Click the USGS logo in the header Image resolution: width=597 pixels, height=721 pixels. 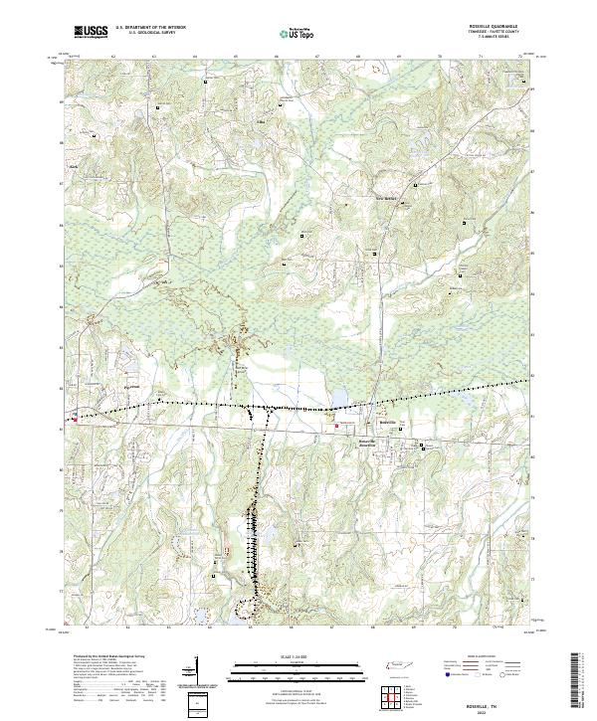tap(91, 32)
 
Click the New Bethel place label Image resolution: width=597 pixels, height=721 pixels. tap(384, 197)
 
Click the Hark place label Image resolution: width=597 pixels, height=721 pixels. tap(72, 166)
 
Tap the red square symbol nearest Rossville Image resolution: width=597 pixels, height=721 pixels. tap(336, 426)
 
